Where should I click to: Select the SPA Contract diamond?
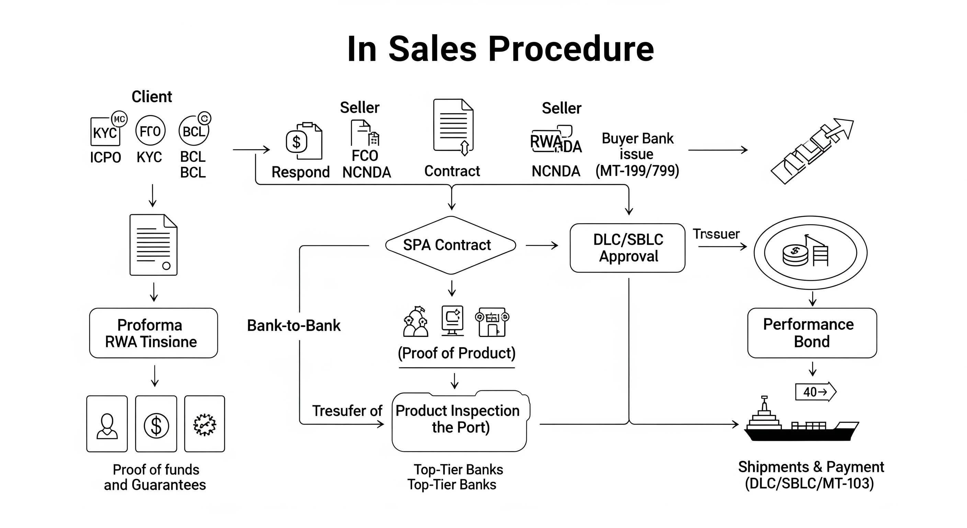pyautogui.click(x=451, y=245)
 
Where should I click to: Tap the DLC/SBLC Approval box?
pyautogui.click(x=627, y=248)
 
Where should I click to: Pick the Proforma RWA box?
pyautogui.click(x=153, y=333)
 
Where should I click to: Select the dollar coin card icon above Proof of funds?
pyautogui.click(x=156, y=424)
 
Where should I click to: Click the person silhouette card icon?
pyautogui.click(x=107, y=424)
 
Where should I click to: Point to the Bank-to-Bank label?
pyautogui.click(x=294, y=326)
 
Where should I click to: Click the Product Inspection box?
pyautogui.click(x=459, y=421)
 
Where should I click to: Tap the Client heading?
pyautogui.click(x=152, y=97)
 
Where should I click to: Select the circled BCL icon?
pyautogui.click(x=194, y=131)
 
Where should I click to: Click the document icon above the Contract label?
pyautogui.click(x=453, y=126)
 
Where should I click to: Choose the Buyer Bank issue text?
pyautogui.click(x=637, y=146)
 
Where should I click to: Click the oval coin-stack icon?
pyautogui.click(x=810, y=253)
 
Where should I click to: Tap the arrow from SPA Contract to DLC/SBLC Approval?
pyautogui.click(x=541, y=245)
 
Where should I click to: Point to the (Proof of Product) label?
pyautogui.click(x=456, y=353)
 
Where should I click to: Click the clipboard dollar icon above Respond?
pyautogui.click(x=303, y=141)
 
